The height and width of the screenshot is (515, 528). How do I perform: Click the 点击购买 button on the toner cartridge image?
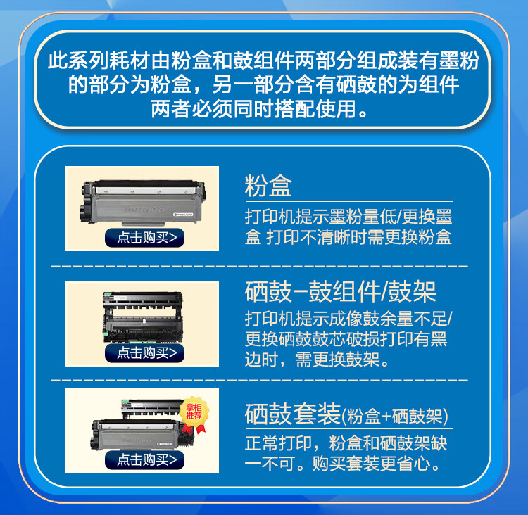pos(145,237)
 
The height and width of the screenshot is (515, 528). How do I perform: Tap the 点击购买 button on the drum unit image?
pos(145,352)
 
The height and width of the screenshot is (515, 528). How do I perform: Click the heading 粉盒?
pos(268,186)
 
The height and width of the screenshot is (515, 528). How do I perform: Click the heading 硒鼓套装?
pos(293,414)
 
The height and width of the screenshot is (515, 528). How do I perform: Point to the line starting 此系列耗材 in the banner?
pos(264,61)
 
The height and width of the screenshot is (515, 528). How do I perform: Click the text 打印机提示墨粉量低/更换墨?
pos(348,216)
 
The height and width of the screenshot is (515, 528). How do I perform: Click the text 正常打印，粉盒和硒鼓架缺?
pos(346,444)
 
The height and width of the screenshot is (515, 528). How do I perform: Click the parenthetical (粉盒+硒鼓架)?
pos(396,416)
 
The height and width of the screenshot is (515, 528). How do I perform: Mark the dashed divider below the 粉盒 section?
pos(260,267)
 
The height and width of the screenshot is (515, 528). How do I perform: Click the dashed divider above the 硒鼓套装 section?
pos(260,379)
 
